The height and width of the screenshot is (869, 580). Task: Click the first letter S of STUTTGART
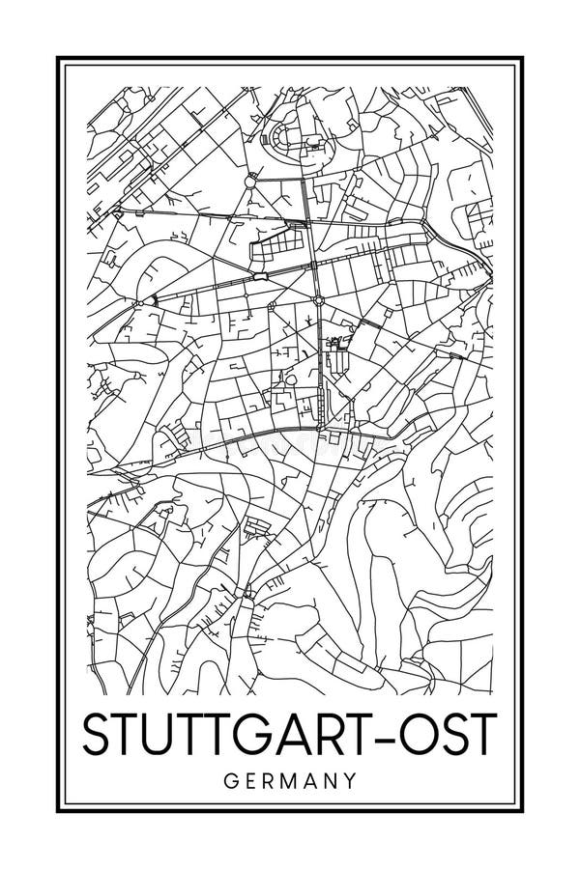click(x=96, y=735)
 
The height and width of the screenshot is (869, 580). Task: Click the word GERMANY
click(x=290, y=777)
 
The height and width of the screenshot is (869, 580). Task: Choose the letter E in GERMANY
click(x=246, y=777)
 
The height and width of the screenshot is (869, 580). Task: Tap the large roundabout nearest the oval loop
click(x=251, y=180)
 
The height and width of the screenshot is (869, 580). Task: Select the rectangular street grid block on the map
click(x=275, y=241)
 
